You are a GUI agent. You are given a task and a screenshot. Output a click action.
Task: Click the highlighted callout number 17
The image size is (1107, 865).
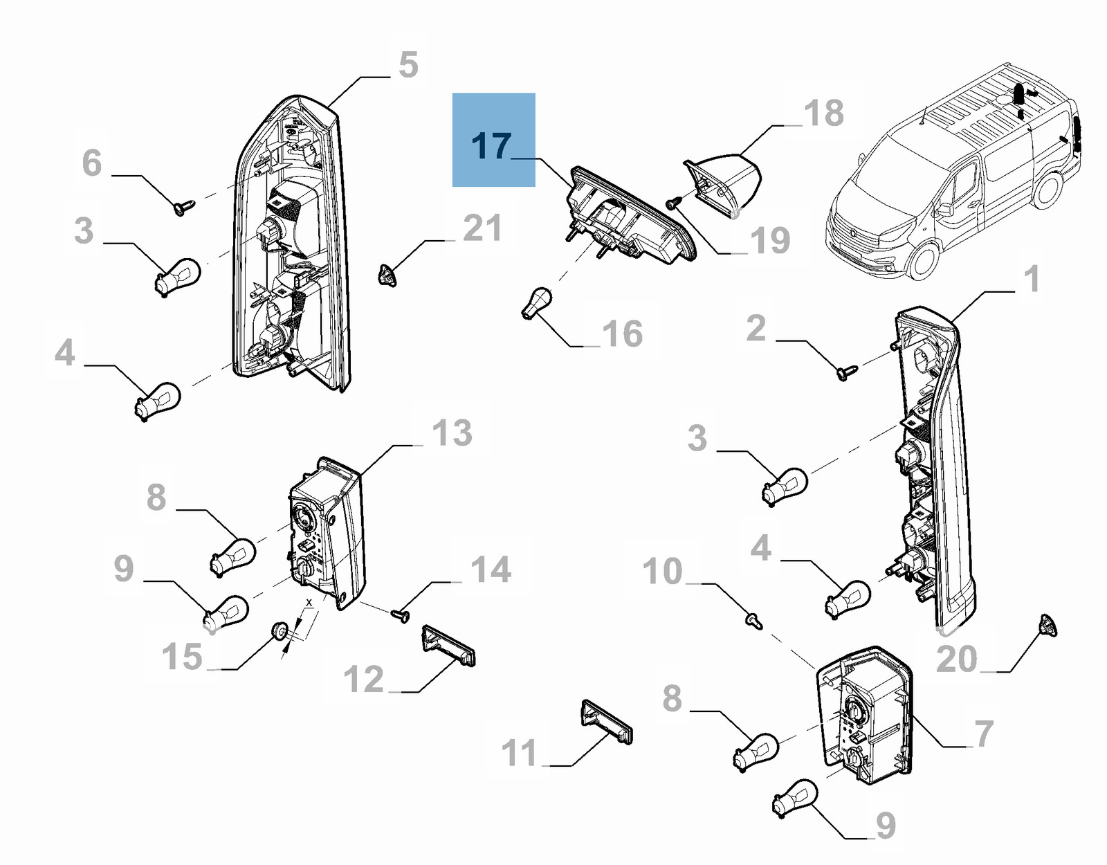492,146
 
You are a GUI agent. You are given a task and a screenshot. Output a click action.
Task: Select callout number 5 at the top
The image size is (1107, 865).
409,65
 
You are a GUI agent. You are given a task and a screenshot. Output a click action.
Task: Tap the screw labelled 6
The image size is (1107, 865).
185,207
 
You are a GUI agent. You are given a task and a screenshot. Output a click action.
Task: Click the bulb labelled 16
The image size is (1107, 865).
535,304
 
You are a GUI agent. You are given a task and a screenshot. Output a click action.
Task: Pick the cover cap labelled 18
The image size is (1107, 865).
726,183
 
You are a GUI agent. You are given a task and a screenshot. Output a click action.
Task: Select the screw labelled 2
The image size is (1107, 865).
847,372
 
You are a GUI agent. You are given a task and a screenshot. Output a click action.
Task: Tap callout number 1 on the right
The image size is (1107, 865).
1032,280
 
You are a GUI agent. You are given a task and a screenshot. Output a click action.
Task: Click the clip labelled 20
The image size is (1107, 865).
1048,626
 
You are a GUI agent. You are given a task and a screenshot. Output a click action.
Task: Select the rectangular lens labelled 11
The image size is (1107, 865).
606,721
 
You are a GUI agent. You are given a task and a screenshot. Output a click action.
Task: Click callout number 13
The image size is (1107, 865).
452,433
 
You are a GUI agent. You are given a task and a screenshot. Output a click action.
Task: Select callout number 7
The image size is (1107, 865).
983,734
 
